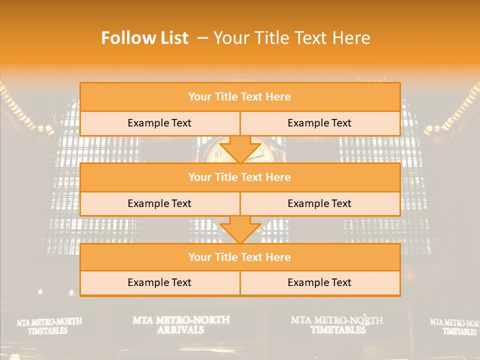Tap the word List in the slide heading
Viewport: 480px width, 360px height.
[171, 38]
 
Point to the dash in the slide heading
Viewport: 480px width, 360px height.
[202, 38]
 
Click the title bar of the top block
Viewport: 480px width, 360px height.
[239, 97]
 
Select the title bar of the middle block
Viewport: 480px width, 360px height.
[239, 177]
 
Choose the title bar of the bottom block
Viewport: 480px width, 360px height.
[239, 257]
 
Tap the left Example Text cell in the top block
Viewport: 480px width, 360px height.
[159, 123]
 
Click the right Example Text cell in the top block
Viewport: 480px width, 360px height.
[319, 123]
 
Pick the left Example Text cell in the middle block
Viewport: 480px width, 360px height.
[159, 203]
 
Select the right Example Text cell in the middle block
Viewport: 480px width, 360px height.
[319, 203]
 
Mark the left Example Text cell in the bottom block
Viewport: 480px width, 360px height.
[159, 282]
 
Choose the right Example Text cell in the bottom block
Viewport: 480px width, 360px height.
[319, 282]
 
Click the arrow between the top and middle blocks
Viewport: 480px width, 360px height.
[240, 149]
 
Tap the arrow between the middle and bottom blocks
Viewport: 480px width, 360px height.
[240, 229]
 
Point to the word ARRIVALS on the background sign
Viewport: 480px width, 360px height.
[180, 330]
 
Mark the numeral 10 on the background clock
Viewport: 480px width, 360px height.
[217, 154]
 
